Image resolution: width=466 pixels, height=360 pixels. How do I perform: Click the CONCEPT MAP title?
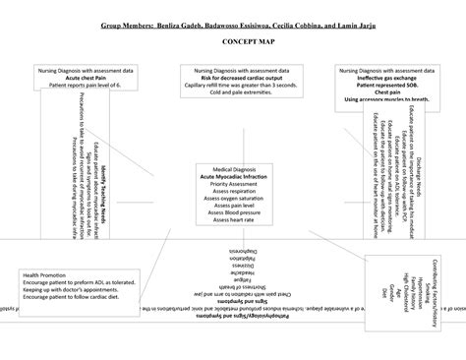point(233,45)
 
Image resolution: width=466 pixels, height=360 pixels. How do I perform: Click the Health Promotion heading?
point(45,274)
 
